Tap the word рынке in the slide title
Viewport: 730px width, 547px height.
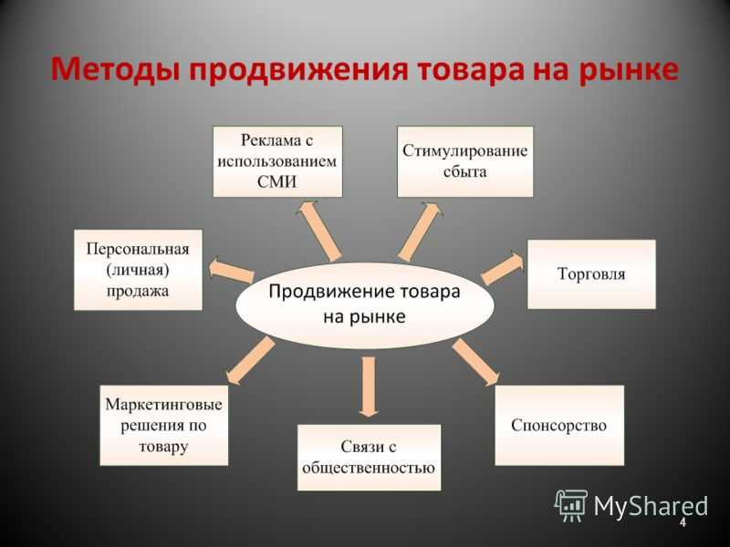click(x=628, y=70)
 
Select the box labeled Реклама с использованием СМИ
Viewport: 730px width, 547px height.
click(x=277, y=161)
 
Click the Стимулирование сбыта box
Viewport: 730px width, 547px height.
click(x=464, y=161)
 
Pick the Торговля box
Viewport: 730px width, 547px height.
click(x=591, y=273)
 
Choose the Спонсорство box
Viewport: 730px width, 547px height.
click(x=559, y=425)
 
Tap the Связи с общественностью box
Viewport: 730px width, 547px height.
click(x=369, y=458)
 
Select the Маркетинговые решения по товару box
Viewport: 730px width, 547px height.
click(x=164, y=425)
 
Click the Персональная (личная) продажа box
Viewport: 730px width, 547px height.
click(x=138, y=270)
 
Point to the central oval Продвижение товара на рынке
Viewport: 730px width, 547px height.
click(x=365, y=304)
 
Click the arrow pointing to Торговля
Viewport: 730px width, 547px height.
click(x=503, y=269)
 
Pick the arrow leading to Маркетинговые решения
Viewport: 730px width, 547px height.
click(x=249, y=360)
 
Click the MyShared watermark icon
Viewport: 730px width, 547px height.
click(x=571, y=504)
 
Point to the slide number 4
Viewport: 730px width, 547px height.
click(x=682, y=522)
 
